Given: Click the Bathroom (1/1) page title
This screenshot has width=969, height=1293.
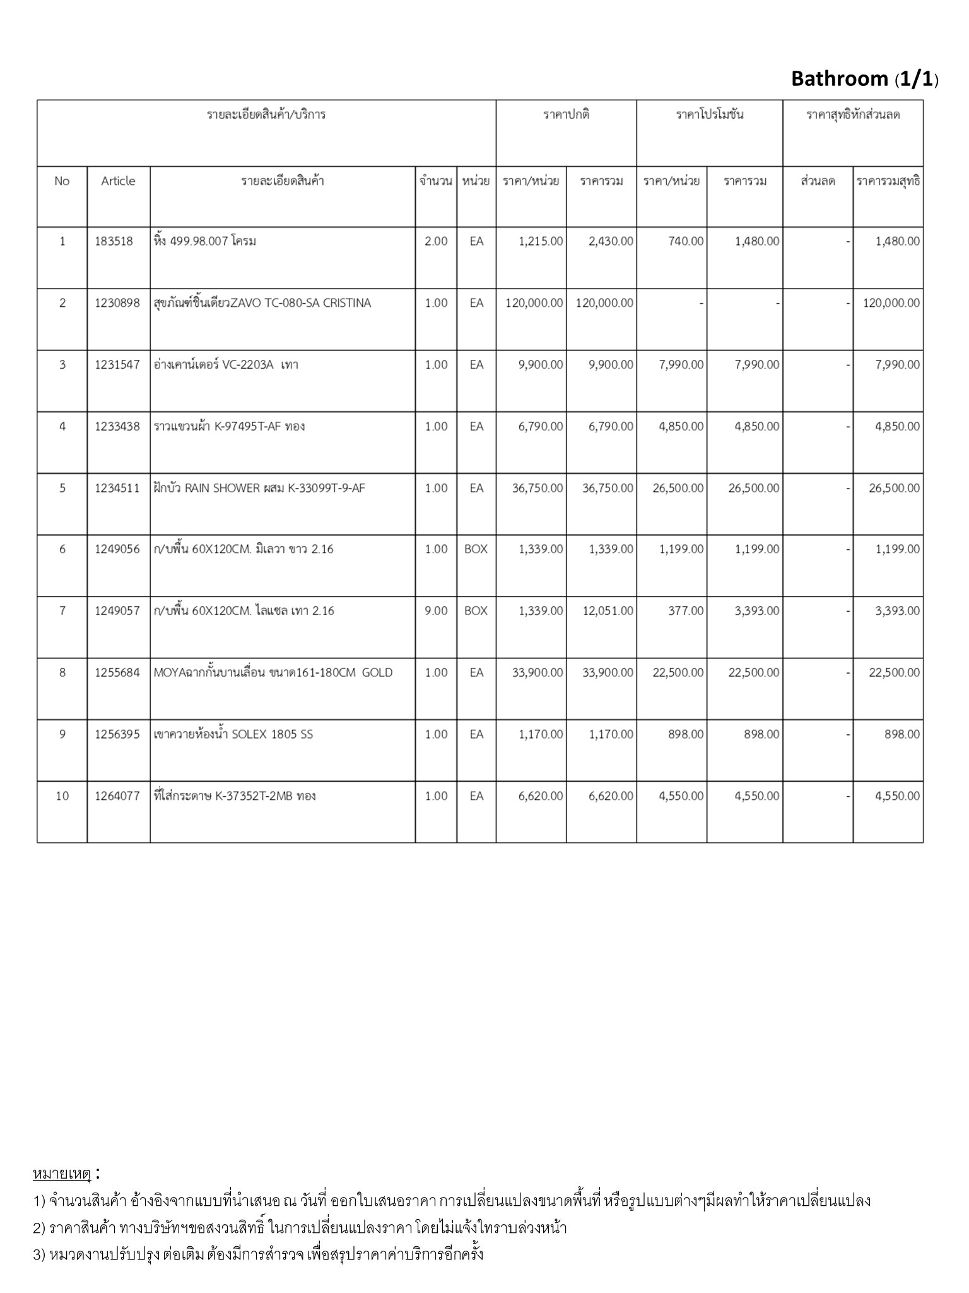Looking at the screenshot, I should coord(864,79).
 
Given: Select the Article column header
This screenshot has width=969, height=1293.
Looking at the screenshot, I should coord(118,181).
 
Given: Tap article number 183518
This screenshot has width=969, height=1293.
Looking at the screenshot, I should coord(114,241).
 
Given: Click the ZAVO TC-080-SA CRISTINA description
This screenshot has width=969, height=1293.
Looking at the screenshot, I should coord(262,303).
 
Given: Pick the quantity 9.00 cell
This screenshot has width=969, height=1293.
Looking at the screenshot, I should coord(436,611).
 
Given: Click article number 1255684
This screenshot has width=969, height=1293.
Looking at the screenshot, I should coord(117,673).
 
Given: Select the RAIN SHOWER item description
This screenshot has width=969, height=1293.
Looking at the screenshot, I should coord(259,488).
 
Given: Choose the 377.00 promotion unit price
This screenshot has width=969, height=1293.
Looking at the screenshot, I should coord(686,611).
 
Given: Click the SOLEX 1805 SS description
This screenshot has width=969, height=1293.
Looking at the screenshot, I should coord(233,734).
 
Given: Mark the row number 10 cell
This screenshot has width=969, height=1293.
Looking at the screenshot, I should coord(62,796).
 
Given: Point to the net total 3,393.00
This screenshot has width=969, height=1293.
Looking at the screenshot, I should coord(897,611).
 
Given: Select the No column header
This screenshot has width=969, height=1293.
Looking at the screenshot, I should coord(62,181).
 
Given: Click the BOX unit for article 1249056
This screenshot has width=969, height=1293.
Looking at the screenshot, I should coord(476,549).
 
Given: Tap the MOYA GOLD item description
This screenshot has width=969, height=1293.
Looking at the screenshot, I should coord(273,673).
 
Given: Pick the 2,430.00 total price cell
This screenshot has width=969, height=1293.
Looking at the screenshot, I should coord(611,241).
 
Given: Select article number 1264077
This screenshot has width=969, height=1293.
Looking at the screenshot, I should coord(117,796).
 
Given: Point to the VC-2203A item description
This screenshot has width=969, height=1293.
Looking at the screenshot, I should coord(226,365).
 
